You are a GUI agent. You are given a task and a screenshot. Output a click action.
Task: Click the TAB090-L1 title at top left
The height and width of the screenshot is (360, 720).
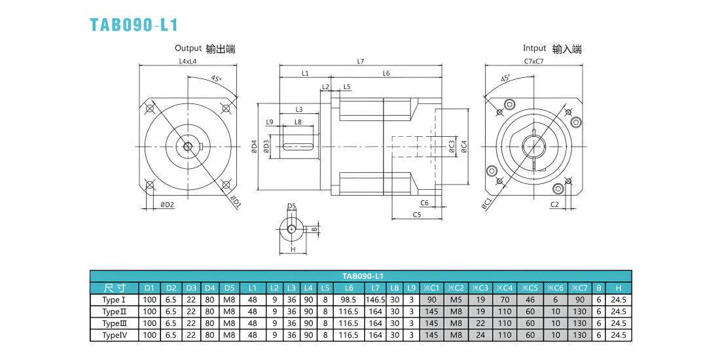point(134,24)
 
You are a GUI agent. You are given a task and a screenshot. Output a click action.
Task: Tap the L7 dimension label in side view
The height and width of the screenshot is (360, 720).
point(361,61)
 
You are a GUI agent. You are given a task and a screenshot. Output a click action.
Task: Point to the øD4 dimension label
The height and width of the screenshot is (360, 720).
point(254,146)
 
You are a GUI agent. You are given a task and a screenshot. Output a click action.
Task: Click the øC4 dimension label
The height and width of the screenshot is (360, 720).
point(464,147)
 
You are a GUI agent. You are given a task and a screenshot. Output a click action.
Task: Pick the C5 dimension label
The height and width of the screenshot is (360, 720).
point(417,215)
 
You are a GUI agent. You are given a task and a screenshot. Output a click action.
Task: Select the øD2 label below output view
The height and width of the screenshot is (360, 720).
point(167,204)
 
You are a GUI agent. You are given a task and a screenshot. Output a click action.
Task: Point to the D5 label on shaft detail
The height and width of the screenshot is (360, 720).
point(291,206)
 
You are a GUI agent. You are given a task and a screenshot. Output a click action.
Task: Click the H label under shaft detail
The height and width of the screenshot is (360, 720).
point(292,249)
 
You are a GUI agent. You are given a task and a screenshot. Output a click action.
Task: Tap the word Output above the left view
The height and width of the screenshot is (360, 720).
point(189,48)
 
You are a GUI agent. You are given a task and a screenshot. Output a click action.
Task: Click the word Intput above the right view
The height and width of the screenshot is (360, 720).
point(535,48)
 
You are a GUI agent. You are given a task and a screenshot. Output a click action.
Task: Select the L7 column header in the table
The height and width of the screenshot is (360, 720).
point(375,288)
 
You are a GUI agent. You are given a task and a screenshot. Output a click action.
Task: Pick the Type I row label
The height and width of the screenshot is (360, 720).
point(115,300)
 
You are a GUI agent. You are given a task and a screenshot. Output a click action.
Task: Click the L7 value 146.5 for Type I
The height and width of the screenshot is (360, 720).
point(375,300)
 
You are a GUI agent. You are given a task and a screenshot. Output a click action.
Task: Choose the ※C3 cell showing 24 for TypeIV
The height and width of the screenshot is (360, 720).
point(480,334)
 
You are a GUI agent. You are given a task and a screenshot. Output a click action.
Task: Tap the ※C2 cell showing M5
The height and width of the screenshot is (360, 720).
point(456,300)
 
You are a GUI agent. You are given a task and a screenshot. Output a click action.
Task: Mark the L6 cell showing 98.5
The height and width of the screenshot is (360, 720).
point(349,300)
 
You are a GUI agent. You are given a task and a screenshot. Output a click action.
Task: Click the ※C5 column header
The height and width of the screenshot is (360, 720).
point(530,288)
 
